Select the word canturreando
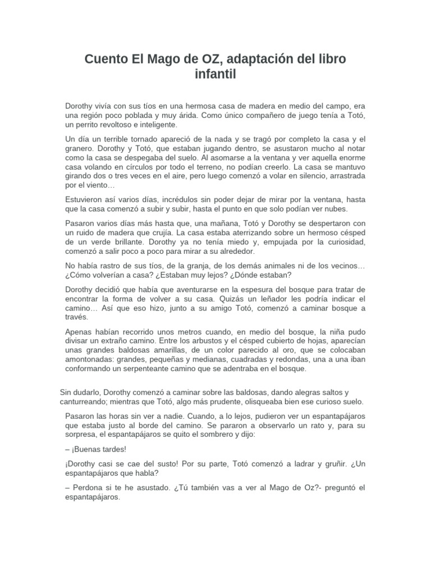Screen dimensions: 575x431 tap(88, 402)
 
